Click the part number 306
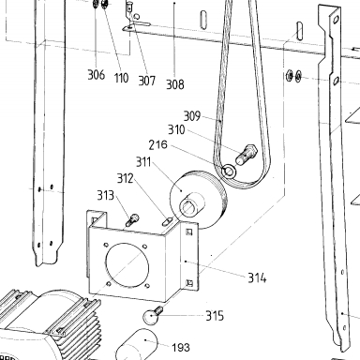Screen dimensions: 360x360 coord(96,75)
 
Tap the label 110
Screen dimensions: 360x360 coord(121,78)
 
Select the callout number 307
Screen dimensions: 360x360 coord(146,81)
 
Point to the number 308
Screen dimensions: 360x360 coord(175,84)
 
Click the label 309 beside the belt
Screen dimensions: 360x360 coord(191,116)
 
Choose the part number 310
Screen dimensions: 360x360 coord(176,129)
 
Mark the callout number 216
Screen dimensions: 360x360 coord(157,144)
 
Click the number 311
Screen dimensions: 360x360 coord(143,162)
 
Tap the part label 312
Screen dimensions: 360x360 coord(125,178)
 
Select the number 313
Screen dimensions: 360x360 coord(105,195)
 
